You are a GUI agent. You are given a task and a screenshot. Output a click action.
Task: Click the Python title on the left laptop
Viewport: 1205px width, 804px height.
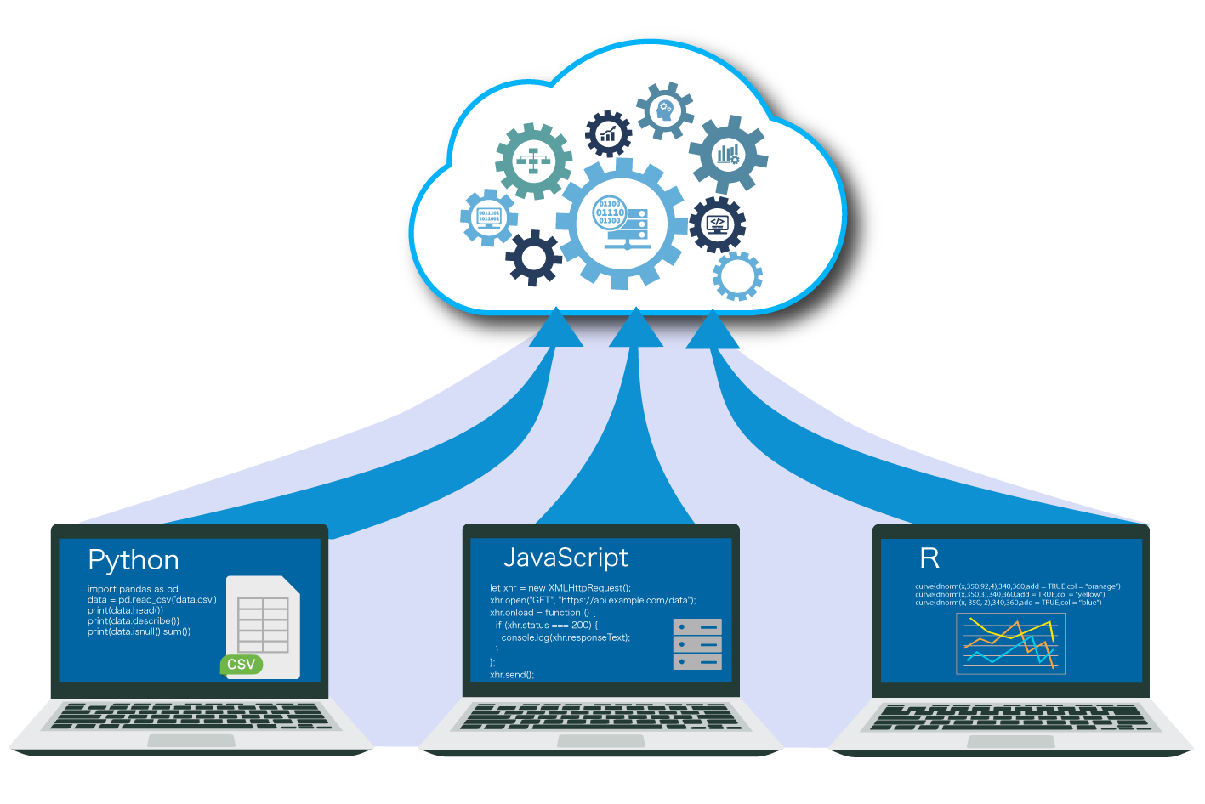click(x=134, y=560)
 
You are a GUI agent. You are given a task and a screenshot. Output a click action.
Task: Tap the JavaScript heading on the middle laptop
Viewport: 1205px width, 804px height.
click(x=566, y=557)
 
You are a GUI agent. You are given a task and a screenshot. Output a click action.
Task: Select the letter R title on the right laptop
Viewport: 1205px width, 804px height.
click(x=929, y=558)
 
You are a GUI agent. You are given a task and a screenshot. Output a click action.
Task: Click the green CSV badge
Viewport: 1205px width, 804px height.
click(x=242, y=664)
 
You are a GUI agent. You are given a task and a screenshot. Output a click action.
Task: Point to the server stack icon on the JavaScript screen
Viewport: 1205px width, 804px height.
click(x=697, y=643)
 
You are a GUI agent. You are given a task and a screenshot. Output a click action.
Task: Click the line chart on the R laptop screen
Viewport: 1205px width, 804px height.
click(x=1010, y=643)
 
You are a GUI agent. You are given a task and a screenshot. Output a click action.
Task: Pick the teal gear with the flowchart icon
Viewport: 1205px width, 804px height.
click(x=534, y=161)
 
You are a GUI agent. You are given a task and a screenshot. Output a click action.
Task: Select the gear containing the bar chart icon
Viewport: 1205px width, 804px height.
click(x=728, y=154)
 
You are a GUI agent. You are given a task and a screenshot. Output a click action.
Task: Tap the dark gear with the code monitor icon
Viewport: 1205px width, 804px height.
click(x=717, y=224)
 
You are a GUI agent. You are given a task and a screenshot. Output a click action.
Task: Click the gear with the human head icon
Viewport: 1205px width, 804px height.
click(x=665, y=110)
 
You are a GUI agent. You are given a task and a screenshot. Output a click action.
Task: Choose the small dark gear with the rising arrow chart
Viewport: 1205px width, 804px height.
click(x=608, y=133)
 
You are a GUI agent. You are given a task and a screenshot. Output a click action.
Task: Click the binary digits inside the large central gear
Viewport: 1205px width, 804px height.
click(x=610, y=212)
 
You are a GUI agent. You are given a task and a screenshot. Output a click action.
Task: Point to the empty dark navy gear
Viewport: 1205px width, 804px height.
click(x=533, y=257)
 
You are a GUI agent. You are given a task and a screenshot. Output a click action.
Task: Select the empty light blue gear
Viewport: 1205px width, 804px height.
click(x=737, y=276)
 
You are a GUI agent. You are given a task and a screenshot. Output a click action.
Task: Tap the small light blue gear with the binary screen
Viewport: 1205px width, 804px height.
click(x=489, y=218)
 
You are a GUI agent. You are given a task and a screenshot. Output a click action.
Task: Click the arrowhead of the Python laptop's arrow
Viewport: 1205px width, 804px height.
click(x=556, y=330)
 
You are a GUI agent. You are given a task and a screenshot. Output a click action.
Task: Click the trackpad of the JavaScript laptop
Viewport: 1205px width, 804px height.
click(x=600, y=741)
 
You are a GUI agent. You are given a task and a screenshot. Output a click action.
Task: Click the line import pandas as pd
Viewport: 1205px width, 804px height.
click(x=133, y=589)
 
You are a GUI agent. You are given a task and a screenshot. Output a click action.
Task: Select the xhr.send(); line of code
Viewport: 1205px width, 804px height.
click(x=512, y=675)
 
